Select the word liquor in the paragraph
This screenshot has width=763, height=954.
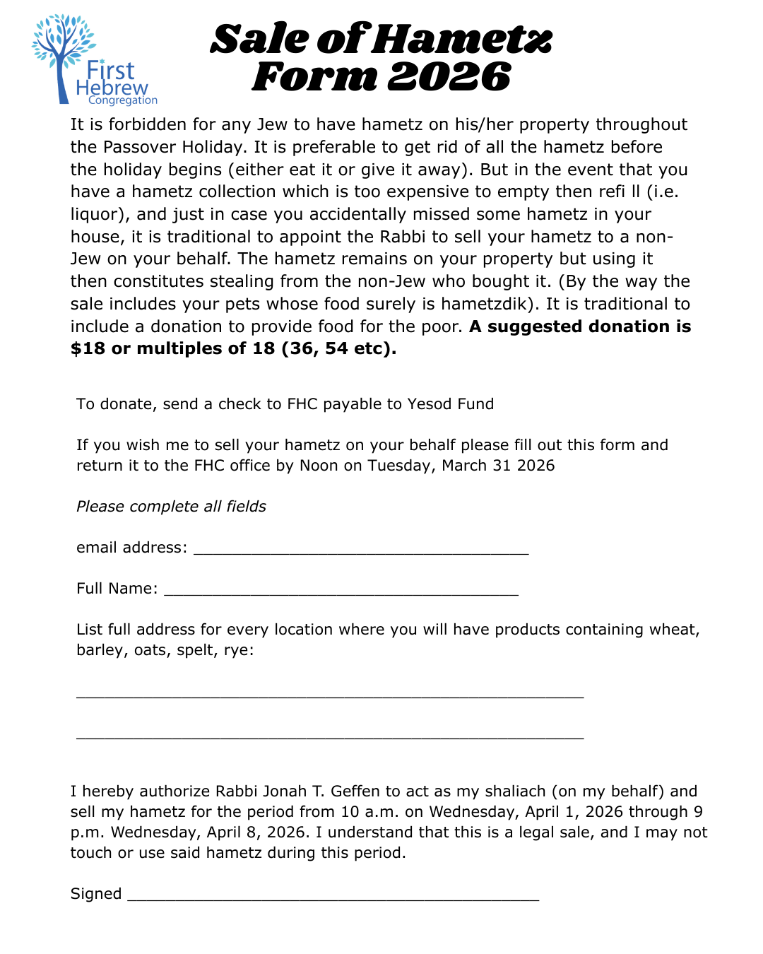[98, 214]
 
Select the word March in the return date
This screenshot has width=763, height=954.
[464, 466]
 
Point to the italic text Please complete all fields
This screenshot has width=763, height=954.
[171, 507]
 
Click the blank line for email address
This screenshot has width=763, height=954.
[361, 552]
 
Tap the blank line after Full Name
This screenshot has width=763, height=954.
[341, 593]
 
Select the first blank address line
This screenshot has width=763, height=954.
[330, 695]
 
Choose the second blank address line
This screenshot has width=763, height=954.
[330, 736]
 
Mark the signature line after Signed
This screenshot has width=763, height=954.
[333, 898]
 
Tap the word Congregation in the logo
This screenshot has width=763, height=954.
[123, 100]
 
